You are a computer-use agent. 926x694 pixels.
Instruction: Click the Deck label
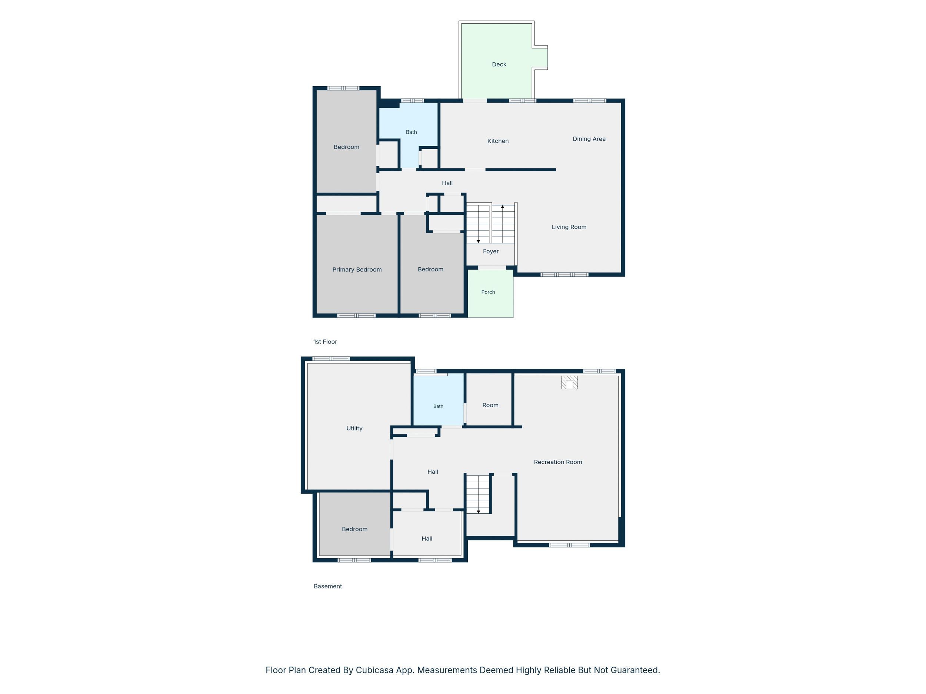(x=499, y=64)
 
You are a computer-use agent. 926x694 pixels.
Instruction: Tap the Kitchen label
(x=498, y=141)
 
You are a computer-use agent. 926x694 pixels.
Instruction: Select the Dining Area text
(x=589, y=139)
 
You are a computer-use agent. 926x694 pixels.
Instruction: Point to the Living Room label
(x=569, y=227)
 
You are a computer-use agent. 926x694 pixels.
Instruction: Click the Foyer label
(x=491, y=251)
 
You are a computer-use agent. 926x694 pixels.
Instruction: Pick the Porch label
(x=488, y=292)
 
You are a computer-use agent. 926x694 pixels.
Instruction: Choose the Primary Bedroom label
(x=357, y=270)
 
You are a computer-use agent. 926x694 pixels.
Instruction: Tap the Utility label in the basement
(x=354, y=428)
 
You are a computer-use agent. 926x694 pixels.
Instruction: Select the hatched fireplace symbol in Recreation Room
(x=569, y=382)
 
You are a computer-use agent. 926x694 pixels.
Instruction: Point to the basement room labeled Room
(x=490, y=405)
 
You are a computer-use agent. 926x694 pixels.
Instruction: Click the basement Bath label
(x=438, y=406)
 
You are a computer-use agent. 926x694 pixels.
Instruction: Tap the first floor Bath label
(x=412, y=132)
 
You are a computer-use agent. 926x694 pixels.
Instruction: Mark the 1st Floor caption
(x=325, y=342)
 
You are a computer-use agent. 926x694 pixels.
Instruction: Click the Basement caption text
(x=328, y=587)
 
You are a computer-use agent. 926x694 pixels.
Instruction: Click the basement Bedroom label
(x=354, y=529)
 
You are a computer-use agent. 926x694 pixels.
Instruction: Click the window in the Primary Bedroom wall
(x=356, y=315)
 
